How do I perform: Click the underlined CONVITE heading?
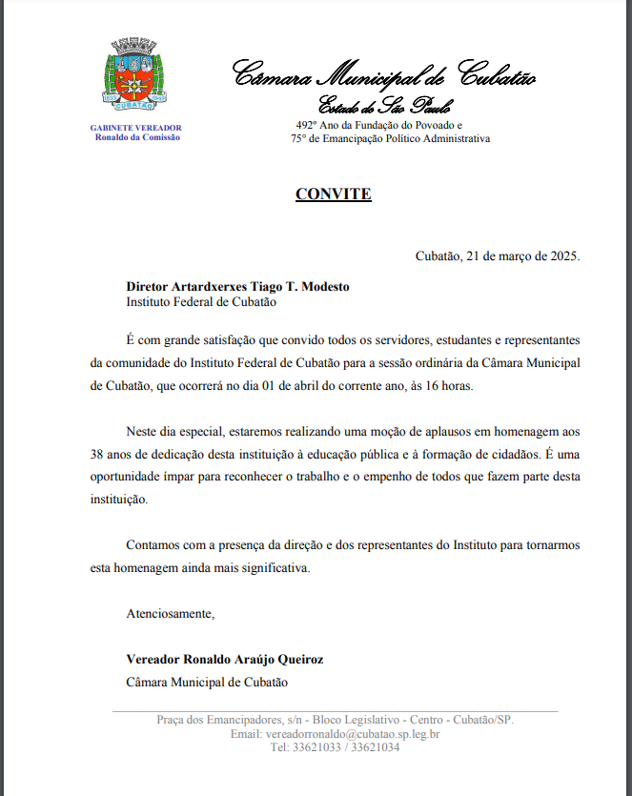[x=333, y=194]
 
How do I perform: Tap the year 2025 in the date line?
[x=562, y=255]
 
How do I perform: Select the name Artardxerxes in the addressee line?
[x=209, y=286]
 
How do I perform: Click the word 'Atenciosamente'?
[x=171, y=613]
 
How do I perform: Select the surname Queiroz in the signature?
[x=299, y=659]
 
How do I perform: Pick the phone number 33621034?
[x=375, y=747]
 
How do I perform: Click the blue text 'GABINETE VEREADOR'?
[x=135, y=127]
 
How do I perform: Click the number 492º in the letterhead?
[x=306, y=125]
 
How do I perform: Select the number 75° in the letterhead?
[x=300, y=138]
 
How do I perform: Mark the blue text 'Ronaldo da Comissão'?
[x=137, y=137]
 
